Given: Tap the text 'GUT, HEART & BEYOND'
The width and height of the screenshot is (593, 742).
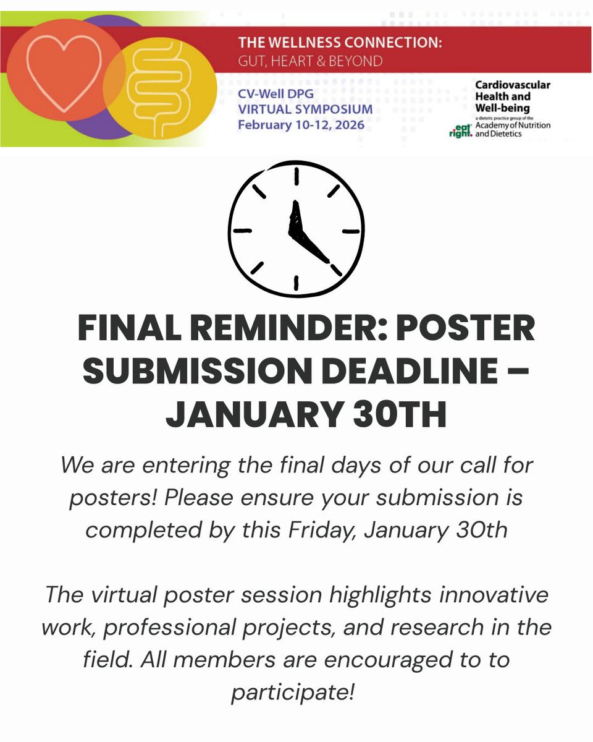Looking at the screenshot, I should point(310,61).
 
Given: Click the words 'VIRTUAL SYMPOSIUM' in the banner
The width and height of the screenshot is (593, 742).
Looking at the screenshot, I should point(306,109).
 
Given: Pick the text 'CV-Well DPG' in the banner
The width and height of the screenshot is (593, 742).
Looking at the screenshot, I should point(272,95).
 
